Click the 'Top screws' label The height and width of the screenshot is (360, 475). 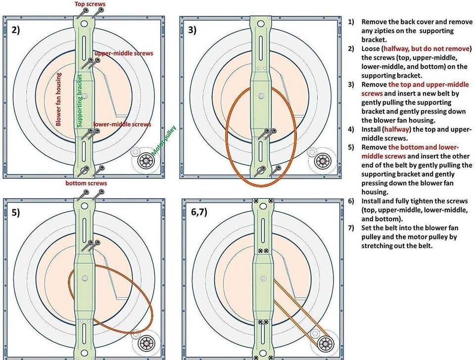pyautogui.click(x=90, y=4)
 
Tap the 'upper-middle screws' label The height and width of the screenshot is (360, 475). pyautogui.click(x=124, y=53)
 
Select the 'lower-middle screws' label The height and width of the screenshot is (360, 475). pyautogui.click(x=122, y=125)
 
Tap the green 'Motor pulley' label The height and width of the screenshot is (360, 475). pyautogui.click(x=164, y=141)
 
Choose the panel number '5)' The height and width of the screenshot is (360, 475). pyautogui.click(x=15, y=214)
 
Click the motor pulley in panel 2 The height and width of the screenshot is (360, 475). pyautogui.click(x=146, y=161)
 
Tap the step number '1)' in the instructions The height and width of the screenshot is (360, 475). pyautogui.click(x=351, y=22)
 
